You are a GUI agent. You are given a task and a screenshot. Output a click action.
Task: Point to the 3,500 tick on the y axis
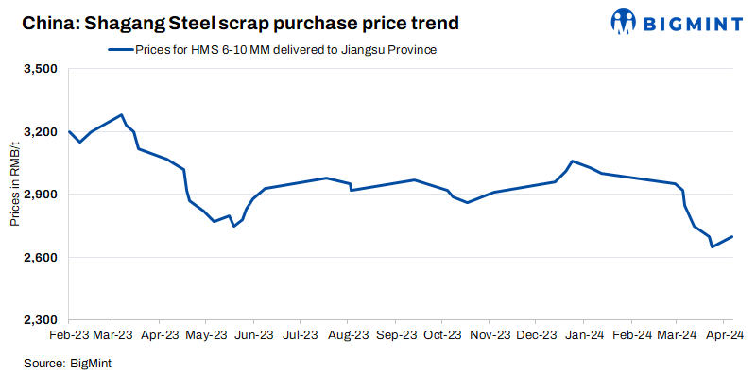(x=41, y=70)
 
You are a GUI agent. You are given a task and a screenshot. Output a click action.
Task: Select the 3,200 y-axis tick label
(x=41, y=132)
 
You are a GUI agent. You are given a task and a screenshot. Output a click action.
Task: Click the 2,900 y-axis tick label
(x=41, y=195)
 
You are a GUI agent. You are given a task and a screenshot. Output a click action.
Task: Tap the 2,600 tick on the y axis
(x=41, y=258)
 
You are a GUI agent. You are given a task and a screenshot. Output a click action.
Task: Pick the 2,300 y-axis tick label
(x=41, y=320)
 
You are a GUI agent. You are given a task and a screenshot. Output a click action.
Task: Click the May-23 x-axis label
(x=207, y=334)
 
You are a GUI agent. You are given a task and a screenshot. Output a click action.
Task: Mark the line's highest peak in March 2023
(x=122, y=115)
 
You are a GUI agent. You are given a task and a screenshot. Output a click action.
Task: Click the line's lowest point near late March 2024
(x=712, y=246)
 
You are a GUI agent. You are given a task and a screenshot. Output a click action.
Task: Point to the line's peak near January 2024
(x=573, y=161)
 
